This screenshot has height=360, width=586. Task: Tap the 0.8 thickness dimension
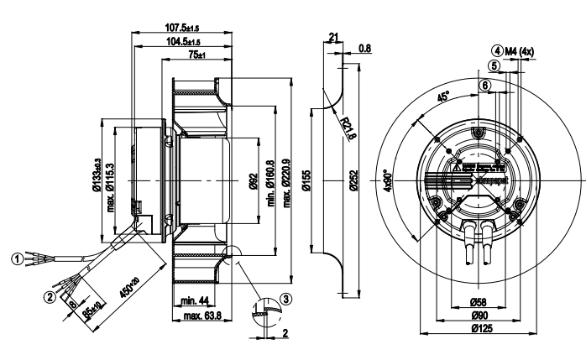tap(365, 48)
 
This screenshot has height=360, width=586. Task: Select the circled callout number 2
tap(50, 295)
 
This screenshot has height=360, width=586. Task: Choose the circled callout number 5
tap(494, 65)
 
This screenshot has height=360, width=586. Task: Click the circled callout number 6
tap(484, 85)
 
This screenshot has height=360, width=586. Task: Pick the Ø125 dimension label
tap(482, 328)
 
